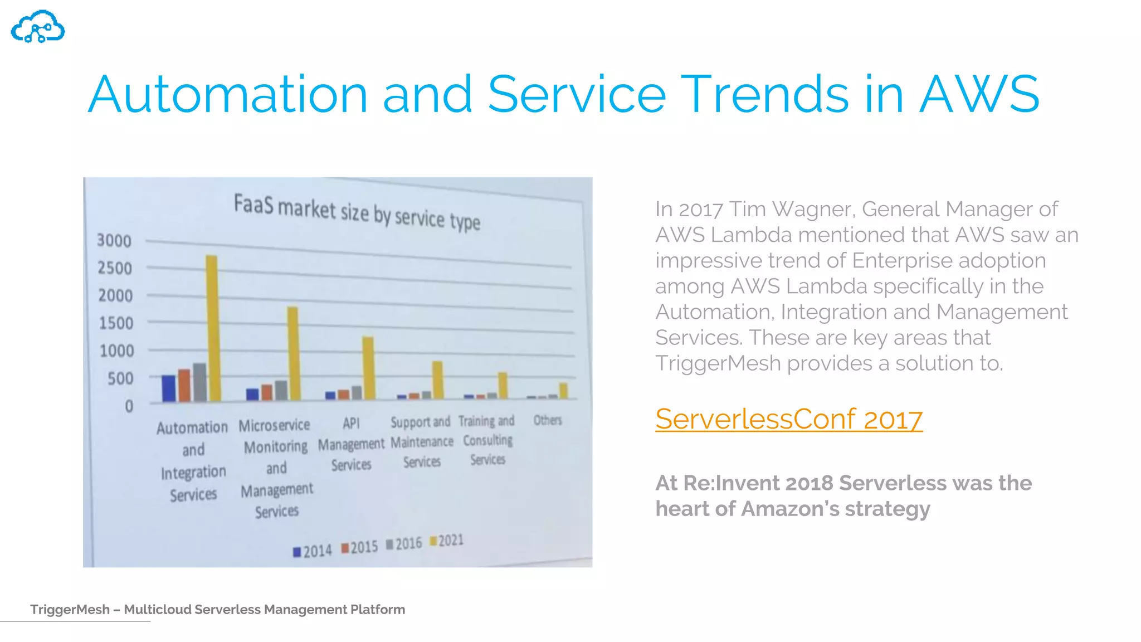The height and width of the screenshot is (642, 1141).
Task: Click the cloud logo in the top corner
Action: click(x=38, y=27)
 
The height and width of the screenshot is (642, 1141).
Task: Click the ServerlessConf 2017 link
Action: click(x=788, y=419)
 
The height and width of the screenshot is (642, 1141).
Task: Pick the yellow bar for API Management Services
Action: click(x=368, y=367)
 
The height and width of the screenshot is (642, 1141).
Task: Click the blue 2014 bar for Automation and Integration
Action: click(x=168, y=388)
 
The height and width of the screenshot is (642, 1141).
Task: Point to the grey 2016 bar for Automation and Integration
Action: click(x=199, y=382)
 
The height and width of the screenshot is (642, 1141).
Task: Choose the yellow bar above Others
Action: click(x=563, y=391)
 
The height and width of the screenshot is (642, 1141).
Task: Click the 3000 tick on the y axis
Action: click(x=114, y=241)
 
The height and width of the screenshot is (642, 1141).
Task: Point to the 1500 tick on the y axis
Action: click(x=116, y=323)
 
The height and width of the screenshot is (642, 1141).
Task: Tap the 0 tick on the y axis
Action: click(x=129, y=406)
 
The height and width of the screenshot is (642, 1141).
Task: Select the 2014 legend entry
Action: click(x=313, y=551)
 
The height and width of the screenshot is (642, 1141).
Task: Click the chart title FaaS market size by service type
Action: click(x=357, y=212)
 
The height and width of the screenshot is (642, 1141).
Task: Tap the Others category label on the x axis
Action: click(x=548, y=420)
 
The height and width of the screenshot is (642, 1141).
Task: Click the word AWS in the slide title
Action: click(x=979, y=94)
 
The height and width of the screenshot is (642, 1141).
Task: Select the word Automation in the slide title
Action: click(x=227, y=94)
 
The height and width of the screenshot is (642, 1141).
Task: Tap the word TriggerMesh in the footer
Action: click(x=70, y=609)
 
